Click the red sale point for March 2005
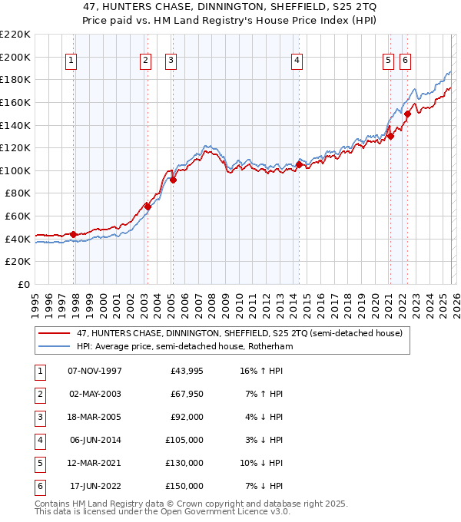[x=173, y=180]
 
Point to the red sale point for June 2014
[x=298, y=164]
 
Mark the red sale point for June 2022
[x=407, y=114]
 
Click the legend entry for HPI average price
[x=184, y=346]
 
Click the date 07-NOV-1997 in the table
[x=95, y=371]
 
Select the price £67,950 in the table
[x=187, y=394]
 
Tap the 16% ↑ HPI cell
[x=261, y=371]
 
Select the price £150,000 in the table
[x=187, y=486]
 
